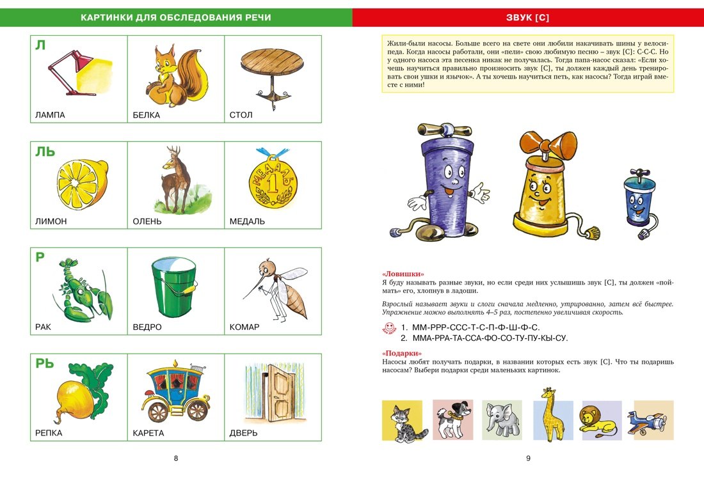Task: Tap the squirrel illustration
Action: point(174,75)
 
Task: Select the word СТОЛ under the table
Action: point(241,116)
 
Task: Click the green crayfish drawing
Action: point(80,289)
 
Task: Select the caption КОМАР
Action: point(244,327)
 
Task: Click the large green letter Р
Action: point(40,258)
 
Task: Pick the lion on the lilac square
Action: point(600,421)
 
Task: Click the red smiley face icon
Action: point(388,328)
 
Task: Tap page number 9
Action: point(528,458)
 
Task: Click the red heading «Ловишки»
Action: point(403,274)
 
